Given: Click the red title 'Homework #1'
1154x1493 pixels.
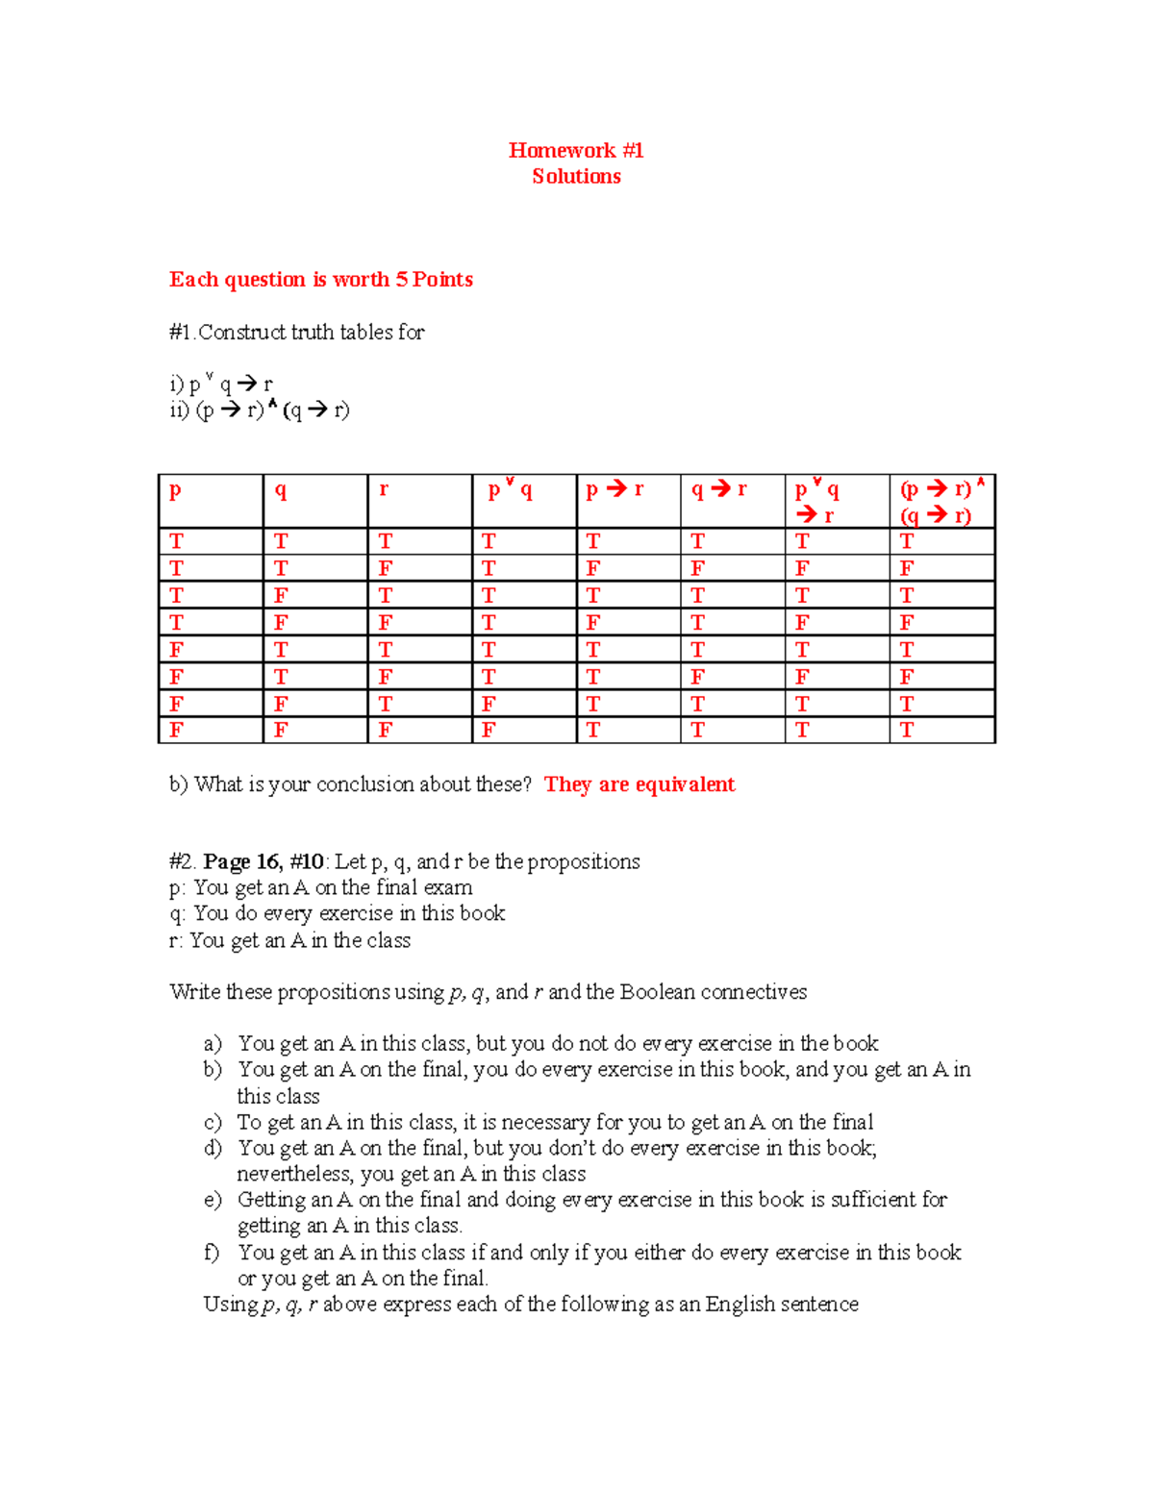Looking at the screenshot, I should click(x=576, y=150).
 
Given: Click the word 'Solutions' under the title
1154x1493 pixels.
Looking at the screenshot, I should click(x=576, y=176).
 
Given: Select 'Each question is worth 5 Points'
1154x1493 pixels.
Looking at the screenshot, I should click(x=321, y=280).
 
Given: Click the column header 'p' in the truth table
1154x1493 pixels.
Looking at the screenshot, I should click(x=175, y=489).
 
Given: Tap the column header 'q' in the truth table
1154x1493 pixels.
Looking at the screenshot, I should click(x=280, y=489).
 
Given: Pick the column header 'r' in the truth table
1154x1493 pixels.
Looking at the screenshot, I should click(x=384, y=489).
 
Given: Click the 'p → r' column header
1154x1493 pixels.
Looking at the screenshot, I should click(x=615, y=489).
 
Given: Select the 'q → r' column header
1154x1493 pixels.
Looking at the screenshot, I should click(x=719, y=489).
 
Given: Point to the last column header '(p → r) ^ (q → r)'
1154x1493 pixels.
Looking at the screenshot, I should click(x=941, y=502).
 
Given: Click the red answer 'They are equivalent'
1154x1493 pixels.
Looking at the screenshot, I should click(x=640, y=784).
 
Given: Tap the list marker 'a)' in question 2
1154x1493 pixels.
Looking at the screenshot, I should click(x=213, y=1043).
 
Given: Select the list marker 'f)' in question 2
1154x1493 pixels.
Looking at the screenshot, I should click(x=212, y=1253).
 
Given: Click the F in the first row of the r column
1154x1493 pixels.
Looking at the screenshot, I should click(x=385, y=568).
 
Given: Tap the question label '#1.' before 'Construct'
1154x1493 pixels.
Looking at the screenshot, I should click(x=182, y=333).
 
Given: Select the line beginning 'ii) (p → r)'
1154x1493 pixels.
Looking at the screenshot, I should click(x=260, y=411).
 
